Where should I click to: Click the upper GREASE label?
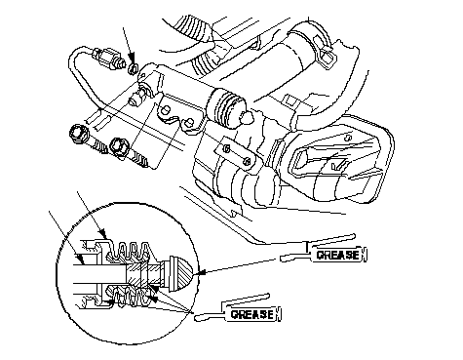338,255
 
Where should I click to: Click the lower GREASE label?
252,314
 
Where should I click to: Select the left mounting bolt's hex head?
78,133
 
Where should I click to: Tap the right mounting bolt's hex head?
120,145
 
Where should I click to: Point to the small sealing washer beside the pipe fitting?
133,68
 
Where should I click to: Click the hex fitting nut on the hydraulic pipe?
107,59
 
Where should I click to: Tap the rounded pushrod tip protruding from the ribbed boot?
248,118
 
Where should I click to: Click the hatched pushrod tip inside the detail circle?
180,272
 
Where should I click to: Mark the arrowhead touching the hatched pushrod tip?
198,272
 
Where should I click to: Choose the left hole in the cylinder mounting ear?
165,109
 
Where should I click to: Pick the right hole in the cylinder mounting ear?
189,122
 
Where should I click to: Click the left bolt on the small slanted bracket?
227,148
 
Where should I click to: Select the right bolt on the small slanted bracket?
247,161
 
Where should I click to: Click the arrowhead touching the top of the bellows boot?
102,233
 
